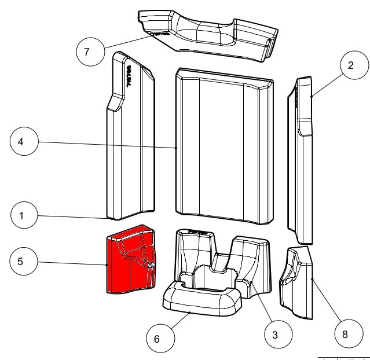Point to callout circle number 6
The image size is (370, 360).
point(156,339)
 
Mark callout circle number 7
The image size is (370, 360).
point(87,52)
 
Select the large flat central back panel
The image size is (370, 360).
point(223,150)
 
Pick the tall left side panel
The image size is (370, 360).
point(130,145)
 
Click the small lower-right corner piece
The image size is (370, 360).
point(296,281)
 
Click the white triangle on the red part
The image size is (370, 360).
point(149,265)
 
